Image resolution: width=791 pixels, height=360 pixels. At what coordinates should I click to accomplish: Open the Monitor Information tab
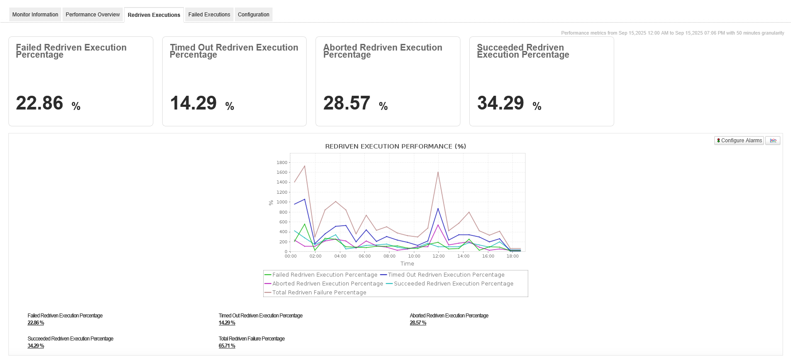click(35, 15)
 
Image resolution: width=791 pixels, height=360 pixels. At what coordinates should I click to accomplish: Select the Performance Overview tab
click(93, 15)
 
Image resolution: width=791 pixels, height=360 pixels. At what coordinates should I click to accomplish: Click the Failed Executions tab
click(209, 15)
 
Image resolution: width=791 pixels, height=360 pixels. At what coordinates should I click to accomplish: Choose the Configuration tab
click(253, 15)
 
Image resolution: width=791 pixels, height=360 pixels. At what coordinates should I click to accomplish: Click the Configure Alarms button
click(739, 141)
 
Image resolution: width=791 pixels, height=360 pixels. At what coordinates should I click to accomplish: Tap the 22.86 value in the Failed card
click(40, 103)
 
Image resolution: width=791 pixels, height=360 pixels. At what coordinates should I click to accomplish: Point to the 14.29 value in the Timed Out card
click(194, 103)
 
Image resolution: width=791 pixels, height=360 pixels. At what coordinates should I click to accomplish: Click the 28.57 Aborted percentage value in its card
click(347, 103)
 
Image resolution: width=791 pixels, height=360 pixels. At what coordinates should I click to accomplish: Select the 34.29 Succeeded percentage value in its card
click(501, 103)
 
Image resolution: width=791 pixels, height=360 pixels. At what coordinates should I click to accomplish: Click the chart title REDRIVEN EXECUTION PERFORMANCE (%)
click(395, 146)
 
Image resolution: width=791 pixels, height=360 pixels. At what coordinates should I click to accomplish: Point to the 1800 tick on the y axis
click(282, 163)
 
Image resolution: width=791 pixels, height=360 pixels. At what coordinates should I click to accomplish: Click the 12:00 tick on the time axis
click(439, 256)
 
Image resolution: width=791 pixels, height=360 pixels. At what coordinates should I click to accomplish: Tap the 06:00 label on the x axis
click(365, 256)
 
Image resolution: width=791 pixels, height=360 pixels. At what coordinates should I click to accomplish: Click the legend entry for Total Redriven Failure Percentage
click(319, 293)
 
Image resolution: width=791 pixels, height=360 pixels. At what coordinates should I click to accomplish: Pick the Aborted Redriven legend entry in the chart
click(327, 284)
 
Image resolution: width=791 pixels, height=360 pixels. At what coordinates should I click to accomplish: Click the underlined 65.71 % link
click(227, 346)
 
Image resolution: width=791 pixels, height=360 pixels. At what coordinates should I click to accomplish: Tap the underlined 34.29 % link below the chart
click(36, 346)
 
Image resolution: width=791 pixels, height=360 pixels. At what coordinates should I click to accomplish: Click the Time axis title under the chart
click(407, 264)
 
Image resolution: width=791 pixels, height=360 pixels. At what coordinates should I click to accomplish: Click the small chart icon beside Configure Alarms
click(773, 141)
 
